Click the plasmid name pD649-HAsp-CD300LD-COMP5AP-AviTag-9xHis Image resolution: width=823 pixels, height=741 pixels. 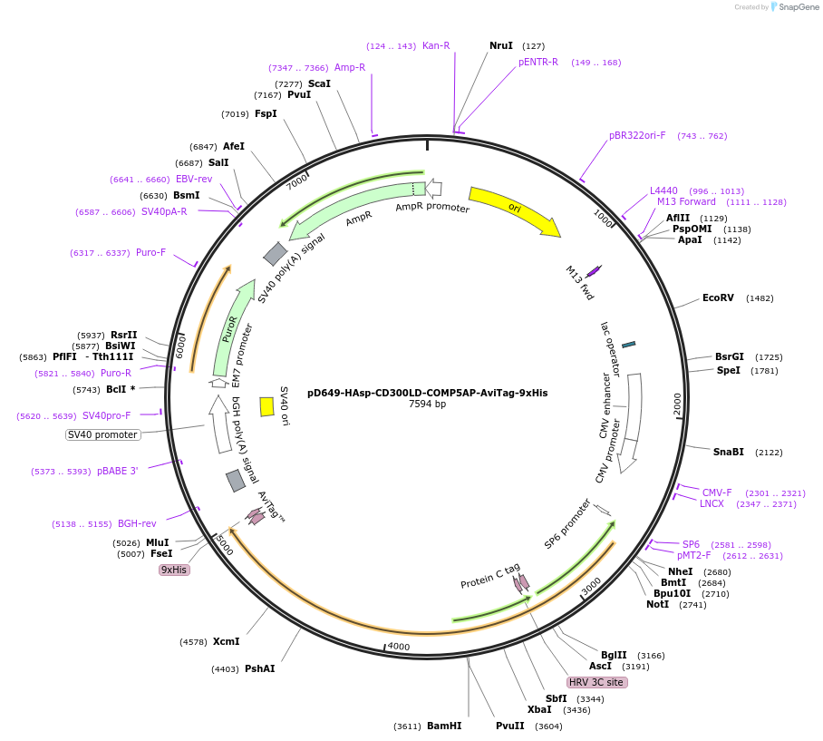427,394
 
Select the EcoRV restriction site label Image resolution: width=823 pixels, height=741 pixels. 724,298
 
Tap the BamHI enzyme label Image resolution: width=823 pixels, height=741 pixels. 444,726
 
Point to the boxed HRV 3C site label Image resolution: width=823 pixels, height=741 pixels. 596,682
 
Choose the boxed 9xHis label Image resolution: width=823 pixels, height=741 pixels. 173,570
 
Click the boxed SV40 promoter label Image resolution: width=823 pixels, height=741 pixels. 103,434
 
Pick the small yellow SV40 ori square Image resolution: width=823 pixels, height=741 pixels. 266,406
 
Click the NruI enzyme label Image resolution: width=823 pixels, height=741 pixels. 501,45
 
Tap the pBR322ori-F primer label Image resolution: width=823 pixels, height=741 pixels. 637,136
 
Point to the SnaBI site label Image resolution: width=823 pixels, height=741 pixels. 728,452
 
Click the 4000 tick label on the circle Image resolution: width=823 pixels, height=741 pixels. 399,647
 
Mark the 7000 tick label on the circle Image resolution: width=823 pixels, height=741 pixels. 297,182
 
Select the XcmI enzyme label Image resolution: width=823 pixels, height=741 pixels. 226,641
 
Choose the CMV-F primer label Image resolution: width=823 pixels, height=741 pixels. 717,492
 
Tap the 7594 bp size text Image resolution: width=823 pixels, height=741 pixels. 427,405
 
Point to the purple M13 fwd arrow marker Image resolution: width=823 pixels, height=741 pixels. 594,271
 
